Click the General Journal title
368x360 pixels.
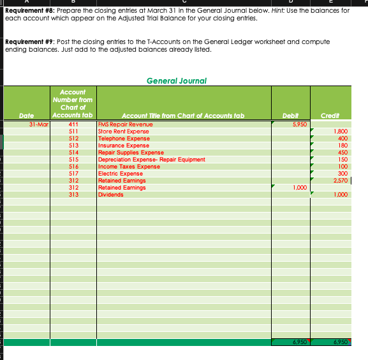(x=177, y=80)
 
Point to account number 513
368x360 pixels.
(x=73, y=145)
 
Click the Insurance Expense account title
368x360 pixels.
(x=123, y=145)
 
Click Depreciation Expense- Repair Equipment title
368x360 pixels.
(x=151, y=159)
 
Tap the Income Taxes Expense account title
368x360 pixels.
(x=128, y=166)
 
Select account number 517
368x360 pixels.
(x=73, y=173)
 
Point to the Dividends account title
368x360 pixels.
(x=110, y=194)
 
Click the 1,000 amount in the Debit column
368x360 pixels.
(x=300, y=187)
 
